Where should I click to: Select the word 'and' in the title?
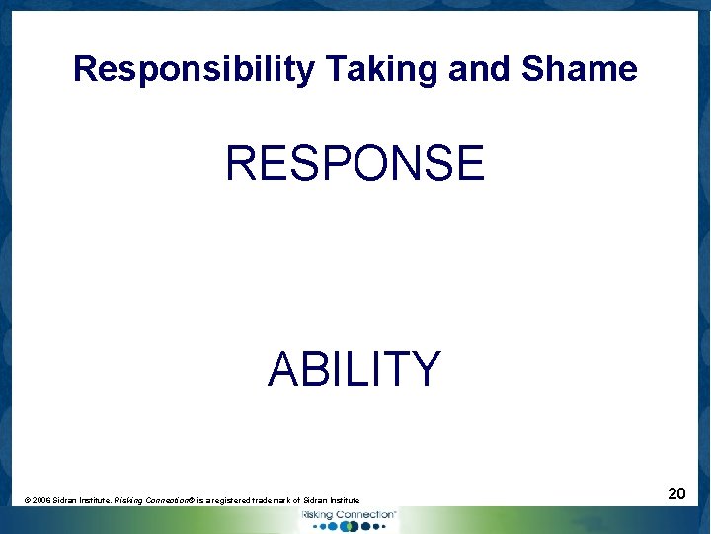point(481,69)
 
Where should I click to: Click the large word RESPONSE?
point(355,163)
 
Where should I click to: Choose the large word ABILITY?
point(355,370)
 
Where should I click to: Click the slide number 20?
point(676,492)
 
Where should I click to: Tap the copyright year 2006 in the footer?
point(40,501)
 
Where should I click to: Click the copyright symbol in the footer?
point(27,501)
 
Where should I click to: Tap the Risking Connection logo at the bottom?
point(348,515)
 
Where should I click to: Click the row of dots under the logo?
point(348,526)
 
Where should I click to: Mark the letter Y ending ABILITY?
point(426,370)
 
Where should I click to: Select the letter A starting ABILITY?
point(283,370)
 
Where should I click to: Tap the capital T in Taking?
point(333,69)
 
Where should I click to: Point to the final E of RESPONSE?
point(469,163)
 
